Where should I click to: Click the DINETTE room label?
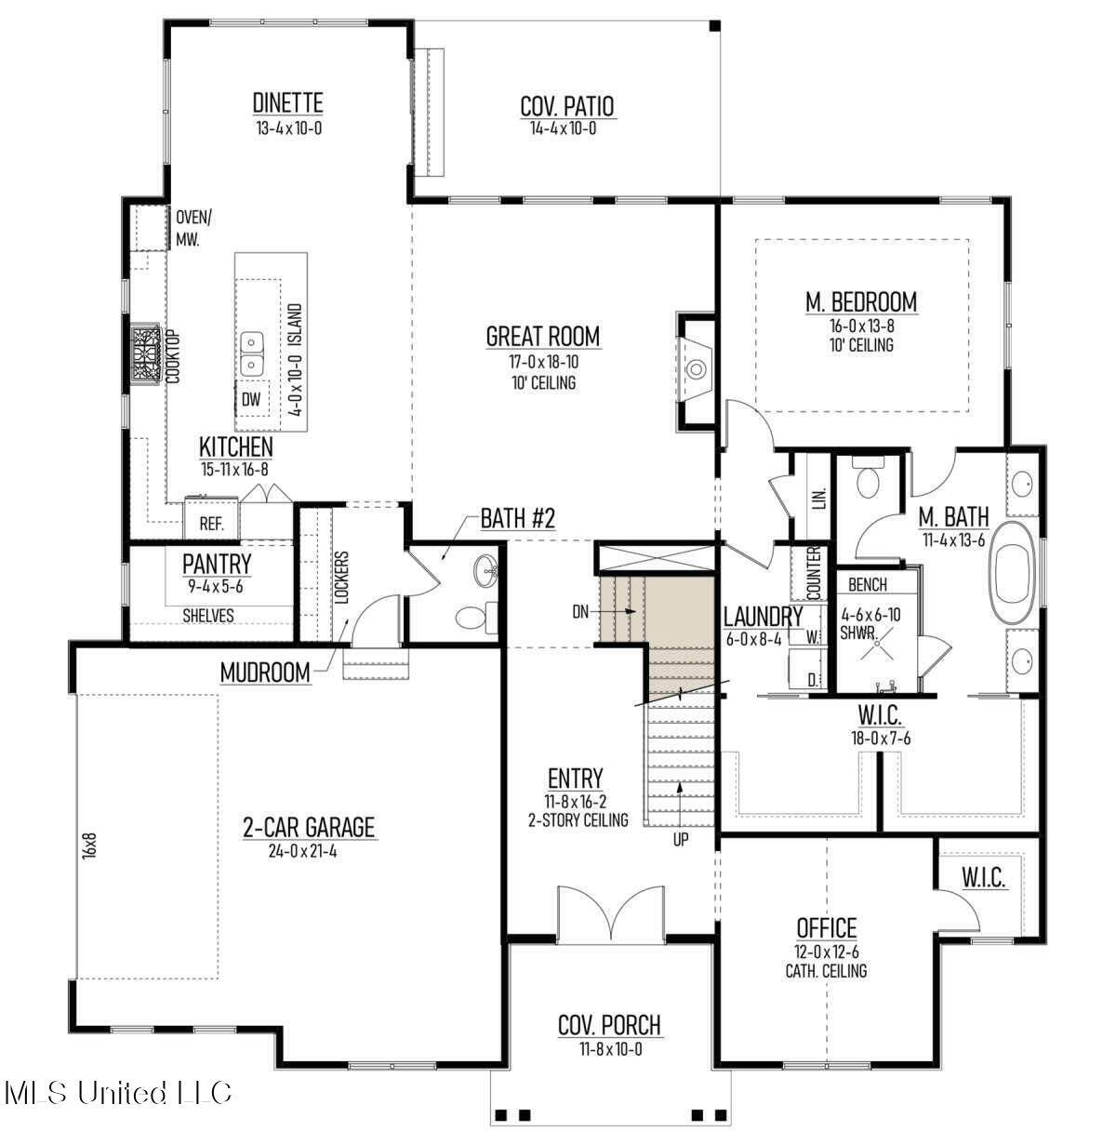click(x=287, y=103)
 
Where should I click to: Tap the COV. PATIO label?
click(x=567, y=106)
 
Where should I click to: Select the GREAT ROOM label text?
click(x=543, y=336)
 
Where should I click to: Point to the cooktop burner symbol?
click(x=145, y=354)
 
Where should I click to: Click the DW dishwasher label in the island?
click(x=251, y=400)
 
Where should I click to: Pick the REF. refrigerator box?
click(x=212, y=518)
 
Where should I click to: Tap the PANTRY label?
click(x=217, y=564)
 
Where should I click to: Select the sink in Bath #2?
click(x=486, y=570)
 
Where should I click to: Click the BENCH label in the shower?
click(x=867, y=585)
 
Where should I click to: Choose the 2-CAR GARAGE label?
click(x=309, y=827)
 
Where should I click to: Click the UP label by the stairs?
click(x=681, y=840)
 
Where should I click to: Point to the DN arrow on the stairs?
click(x=618, y=611)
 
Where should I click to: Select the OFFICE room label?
click(x=827, y=928)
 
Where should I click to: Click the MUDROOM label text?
click(x=265, y=672)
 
